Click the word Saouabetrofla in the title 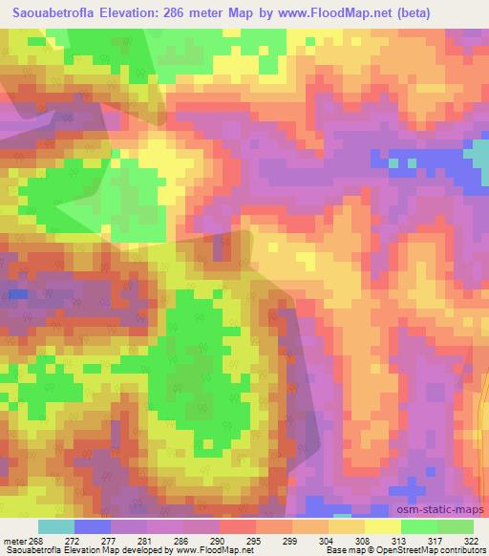tap(51, 13)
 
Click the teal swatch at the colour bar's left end tap(56, 526)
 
